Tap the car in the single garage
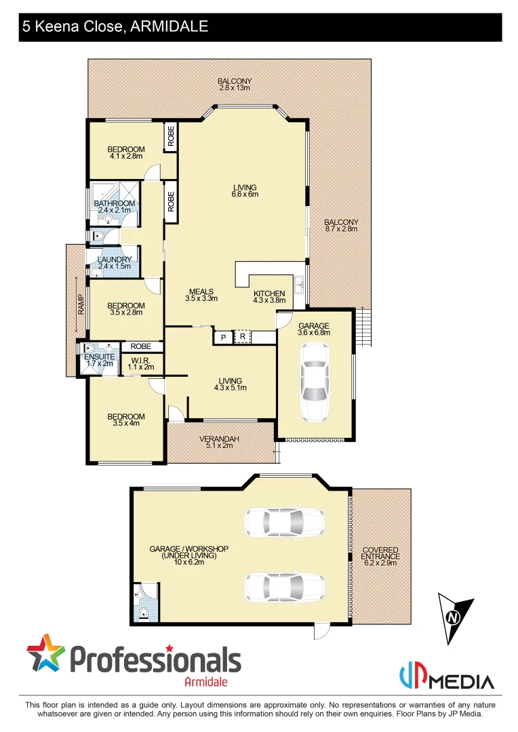[x=315, y=382]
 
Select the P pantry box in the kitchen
[x=222, y=337]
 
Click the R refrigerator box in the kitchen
[x=241, y=336]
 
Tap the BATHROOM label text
[x=115, y=203]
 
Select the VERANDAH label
[x=216, y=439]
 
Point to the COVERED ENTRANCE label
[x=380, y=553]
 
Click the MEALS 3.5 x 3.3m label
[x=201, y=295]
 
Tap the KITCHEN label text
[x=269, y=293]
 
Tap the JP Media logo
[x=446, y=678]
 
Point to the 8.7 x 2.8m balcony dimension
[x=341, y=229]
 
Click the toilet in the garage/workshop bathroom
[x=143, y=613]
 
